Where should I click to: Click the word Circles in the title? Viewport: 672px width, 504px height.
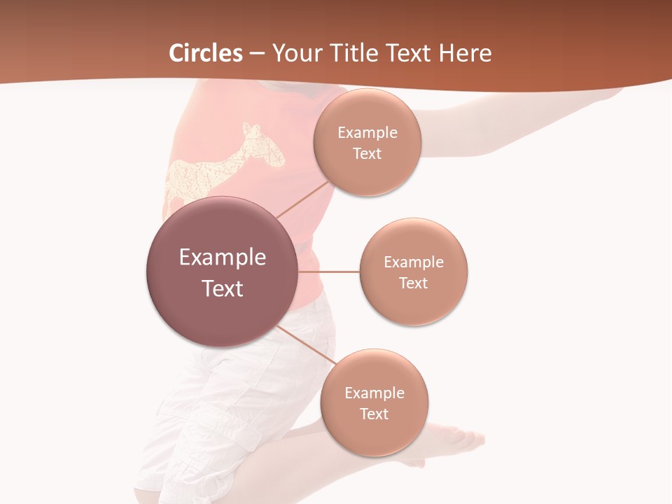click(x=206, y=53)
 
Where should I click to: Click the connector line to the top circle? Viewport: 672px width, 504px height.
click(x=302, y=199)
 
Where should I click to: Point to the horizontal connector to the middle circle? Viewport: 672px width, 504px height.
click(x=328, y=272)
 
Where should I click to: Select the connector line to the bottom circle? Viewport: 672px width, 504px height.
click(x=305, y=346)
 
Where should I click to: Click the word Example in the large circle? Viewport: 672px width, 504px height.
click(x=223, y=258)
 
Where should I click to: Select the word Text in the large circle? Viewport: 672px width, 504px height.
click(x=223, y=288)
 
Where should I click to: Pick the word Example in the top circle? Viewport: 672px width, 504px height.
click(x=367, y=133)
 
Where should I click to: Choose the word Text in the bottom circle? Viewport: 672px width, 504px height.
click(x=374, y=414)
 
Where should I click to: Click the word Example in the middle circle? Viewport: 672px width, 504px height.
click(x=414, y=262)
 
